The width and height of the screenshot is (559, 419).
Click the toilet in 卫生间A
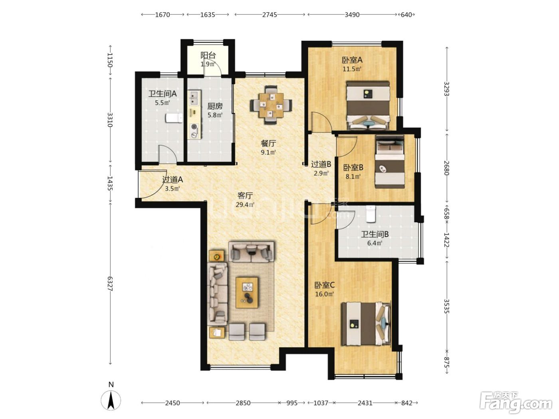point(174,118)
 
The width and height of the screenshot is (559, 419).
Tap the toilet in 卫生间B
point(371,214)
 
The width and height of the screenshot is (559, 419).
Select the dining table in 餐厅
point(271,105)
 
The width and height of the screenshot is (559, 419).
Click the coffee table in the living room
point(247,293)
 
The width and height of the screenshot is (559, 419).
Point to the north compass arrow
point(111,400)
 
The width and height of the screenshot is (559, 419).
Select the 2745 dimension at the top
point(270,14)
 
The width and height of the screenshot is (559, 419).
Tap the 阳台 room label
point(208,55)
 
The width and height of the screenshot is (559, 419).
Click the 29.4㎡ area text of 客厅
point(245,204)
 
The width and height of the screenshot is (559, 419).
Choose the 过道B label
point(321,164)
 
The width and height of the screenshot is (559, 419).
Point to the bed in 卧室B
point(390,162)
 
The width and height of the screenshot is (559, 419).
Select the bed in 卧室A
point(368,105)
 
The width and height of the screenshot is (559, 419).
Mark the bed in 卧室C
point(366,324)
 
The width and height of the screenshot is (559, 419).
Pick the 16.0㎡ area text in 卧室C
point(325,294)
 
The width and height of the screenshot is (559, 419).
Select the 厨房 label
point(215,106)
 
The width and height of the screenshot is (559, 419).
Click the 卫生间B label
point(375,234)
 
